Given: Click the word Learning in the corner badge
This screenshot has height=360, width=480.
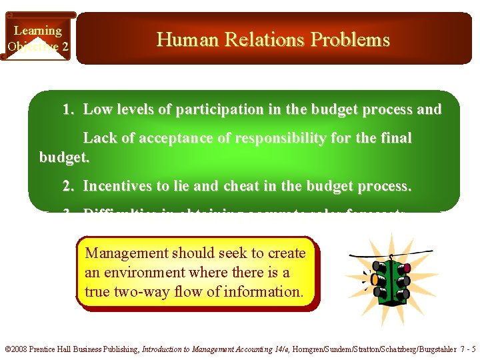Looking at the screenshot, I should (x=37, y=31).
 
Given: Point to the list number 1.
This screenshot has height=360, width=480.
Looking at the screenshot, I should (x=67, y=109).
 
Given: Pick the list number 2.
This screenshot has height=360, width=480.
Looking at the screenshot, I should (x=67, y=187).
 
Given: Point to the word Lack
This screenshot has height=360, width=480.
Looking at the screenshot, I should (x=99, y=138).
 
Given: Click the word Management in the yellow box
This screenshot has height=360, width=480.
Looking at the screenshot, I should (x=127, y=253).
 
